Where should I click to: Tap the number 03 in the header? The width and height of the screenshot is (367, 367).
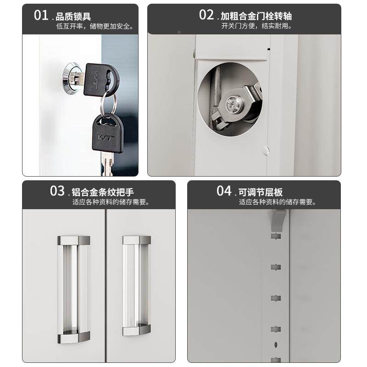[58, 190]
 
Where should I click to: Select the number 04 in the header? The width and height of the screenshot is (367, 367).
[224, 190]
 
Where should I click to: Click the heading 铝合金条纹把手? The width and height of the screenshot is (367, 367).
[105, 192]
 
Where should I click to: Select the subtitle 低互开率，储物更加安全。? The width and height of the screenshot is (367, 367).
[95, 26]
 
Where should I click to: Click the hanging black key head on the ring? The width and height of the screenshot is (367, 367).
[107, 133]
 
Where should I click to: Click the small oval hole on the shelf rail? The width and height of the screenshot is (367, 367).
[276, 344]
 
